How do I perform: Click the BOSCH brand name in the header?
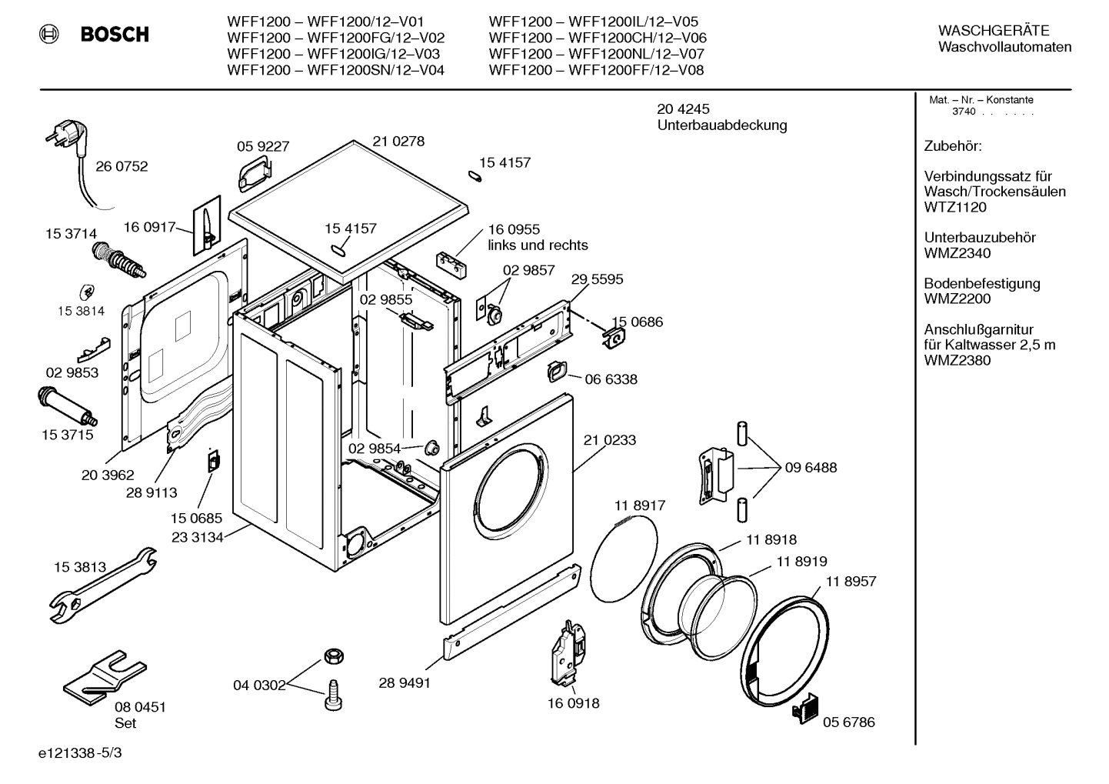(x=115, y=35)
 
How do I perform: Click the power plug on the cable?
(x=65, y=139)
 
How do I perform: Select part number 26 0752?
(x=122, y=166)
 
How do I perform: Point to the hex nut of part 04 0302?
(x=333, y=656)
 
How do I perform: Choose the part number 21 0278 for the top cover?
(x=398, y=142)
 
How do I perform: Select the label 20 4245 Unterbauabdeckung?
(x=721, y=117)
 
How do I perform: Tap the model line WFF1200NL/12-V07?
(x=596, y=54)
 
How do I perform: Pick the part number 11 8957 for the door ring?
(x=851, y=582)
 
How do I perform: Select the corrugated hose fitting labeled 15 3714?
(x=118, y=257)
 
